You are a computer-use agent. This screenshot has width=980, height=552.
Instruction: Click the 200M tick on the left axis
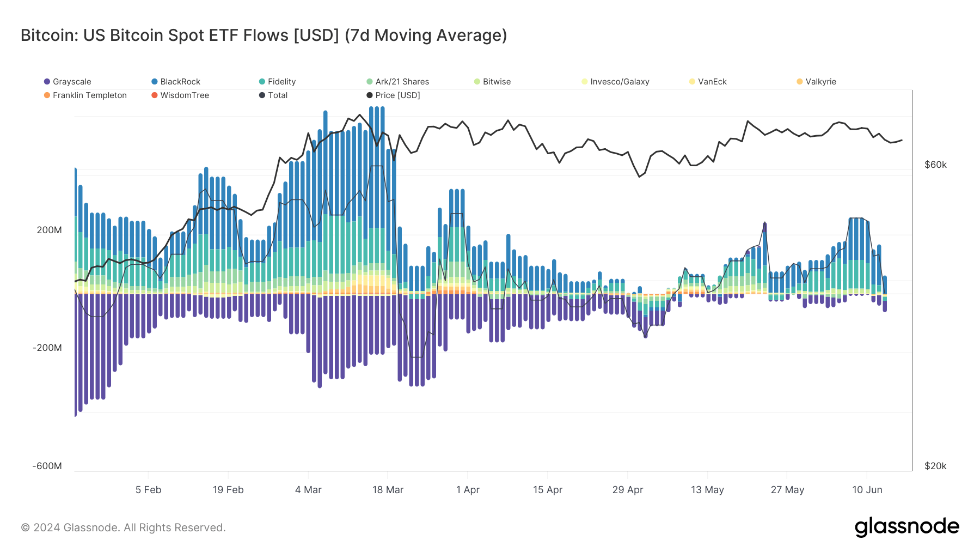coord(49,230)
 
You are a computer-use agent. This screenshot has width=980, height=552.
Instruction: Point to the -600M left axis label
coord(47,466)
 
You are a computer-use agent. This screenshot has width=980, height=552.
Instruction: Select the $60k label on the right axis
coord(935,165)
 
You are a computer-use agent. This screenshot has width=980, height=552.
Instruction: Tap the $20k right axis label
coord(935,466)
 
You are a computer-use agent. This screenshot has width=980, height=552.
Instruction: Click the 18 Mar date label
coord(388,490)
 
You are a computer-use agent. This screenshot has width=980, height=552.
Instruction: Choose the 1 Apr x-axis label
coord(468,490)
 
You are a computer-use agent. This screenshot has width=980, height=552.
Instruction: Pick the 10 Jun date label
coord(867,490)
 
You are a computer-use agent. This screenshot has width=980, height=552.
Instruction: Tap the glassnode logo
coord(906,527)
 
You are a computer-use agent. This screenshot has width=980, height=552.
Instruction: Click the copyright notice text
coord(123,527)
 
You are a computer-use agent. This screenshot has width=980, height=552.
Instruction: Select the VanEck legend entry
coord(712,82)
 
